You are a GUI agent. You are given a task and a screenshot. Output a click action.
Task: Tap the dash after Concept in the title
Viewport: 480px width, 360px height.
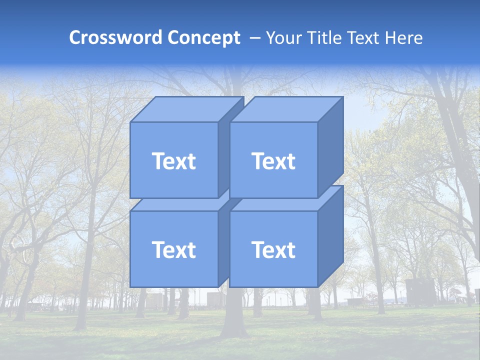pos(254,37)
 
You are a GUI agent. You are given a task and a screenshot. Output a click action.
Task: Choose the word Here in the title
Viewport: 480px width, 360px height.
pos(405,37)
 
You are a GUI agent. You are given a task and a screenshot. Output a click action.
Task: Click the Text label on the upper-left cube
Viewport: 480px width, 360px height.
pos(173,161)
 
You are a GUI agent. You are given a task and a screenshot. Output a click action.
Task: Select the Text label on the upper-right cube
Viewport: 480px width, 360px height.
pos(273,161)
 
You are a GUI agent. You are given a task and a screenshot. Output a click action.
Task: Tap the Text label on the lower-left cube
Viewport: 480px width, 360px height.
pos(173,249)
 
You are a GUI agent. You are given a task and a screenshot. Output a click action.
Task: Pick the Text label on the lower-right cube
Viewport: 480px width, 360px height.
pos(273,249)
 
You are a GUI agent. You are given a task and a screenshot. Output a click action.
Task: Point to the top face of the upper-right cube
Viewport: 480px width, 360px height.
pos(286,109)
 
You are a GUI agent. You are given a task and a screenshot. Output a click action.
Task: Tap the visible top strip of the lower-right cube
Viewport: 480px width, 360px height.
pos(280,204)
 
